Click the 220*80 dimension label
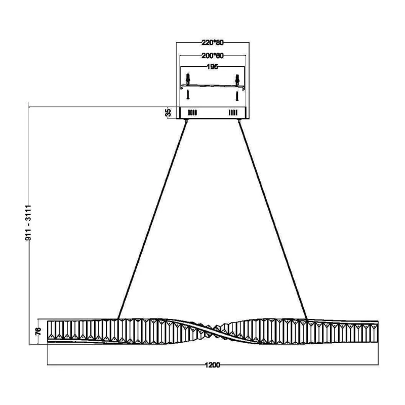click(x=212, y=43)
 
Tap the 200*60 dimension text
click(x=212, y=56)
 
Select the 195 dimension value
click(x=212, y=67)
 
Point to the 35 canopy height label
click(x=168, y=112)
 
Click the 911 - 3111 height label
click(x=28, y=223)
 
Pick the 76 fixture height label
click(x=38, y=331)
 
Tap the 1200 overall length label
click(x=212, y=365)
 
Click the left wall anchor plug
click(x=188, y=78)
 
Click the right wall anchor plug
click(x=237, y=79)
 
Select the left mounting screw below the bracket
click(x=188, y=94)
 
